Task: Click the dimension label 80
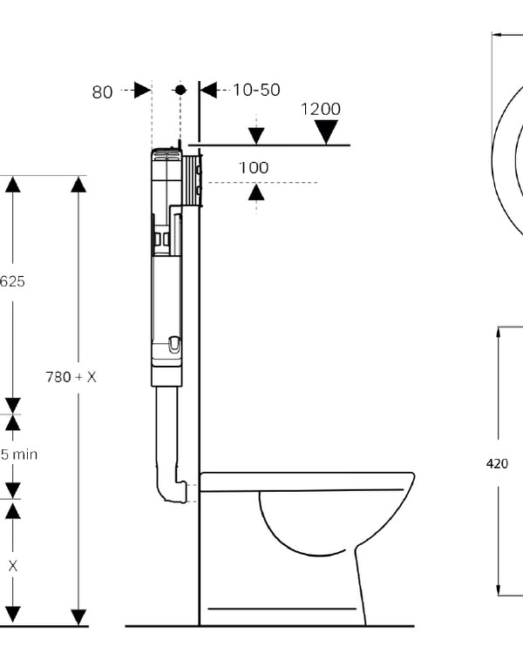(x=103, y=91)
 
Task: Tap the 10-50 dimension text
(x=256, y=90)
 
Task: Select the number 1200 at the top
(x=320, y=109)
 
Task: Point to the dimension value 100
(x=254, y=167)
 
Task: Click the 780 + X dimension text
(x=71, y=377)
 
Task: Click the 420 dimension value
(x=497, y=464)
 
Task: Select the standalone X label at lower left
(x=13, y=566)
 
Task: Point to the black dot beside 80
(x=180, y=90)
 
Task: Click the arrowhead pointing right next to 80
(x=143, y=90)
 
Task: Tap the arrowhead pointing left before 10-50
(x=208, y=90)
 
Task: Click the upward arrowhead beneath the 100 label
(x=255, y=192)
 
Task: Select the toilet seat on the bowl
(x=305, y=481)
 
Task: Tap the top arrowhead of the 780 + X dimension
(x=78, y=185)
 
